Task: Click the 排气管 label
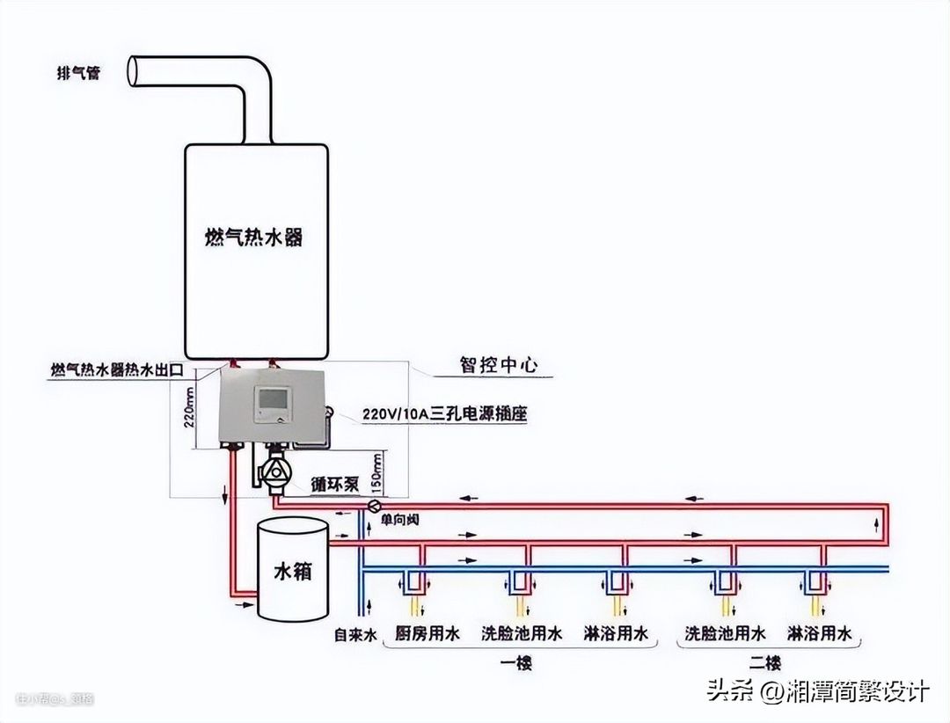click(x=77, y=73)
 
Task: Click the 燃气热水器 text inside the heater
click(x=253, y=237)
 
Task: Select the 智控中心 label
click(x=498, y=365)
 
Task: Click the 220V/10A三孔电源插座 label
click(x=444, y=413)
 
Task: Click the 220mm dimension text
click(x=188, y=407)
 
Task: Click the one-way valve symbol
click(x=375, y=506)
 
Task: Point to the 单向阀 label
click(x=399, y=520)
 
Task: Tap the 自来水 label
click(x=355, y=634)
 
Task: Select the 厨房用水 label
click(x=427, y=633)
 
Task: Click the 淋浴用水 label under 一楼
click(x=616, y=633)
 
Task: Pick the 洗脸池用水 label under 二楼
click(x=725, y=633)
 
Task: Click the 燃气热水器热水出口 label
click(x=116, y=370)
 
